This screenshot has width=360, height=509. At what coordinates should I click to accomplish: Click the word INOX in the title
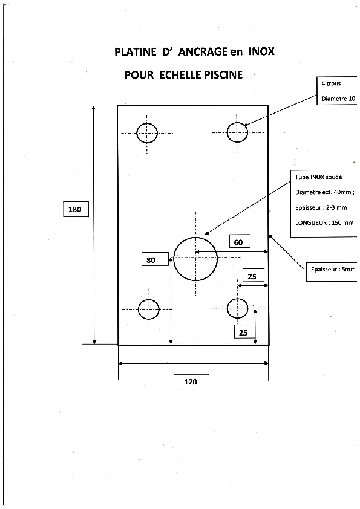tap(261, 51)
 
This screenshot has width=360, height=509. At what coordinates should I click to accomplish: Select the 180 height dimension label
tap(76, 209)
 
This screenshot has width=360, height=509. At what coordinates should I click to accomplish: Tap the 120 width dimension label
tap(191, 382)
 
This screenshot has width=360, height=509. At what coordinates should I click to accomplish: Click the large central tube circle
tap(195, 238)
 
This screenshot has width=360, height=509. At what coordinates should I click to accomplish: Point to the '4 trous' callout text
tap(331, 83)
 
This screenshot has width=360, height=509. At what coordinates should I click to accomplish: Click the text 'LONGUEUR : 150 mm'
tap(324, 222)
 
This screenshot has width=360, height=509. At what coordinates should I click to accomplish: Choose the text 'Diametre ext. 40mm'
tap(323, 192)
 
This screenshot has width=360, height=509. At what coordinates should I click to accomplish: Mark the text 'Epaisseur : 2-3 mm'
tap(321, 207)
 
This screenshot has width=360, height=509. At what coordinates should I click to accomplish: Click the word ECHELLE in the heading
tap(180, 75)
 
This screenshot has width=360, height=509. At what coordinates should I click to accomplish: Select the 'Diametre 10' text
tap(338, 99)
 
